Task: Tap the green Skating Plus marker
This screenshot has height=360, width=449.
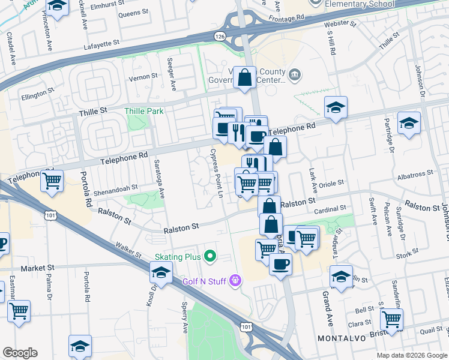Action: [x=209, y=257]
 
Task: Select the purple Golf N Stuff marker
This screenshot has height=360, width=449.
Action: [x=235, y=280]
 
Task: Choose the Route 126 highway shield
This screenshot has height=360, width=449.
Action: [x=221, y=37]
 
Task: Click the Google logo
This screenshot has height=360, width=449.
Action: [x=20, y=353]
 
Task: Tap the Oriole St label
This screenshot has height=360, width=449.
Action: [x=331, y=183]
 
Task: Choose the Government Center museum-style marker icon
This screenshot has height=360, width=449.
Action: [x=295, y=74]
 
